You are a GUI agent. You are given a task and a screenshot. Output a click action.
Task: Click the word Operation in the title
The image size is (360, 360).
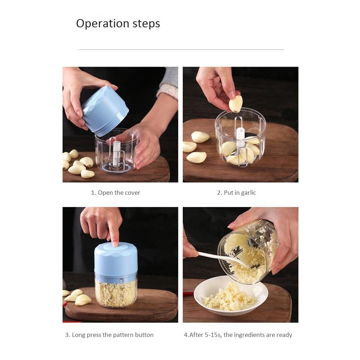tap(103, 24)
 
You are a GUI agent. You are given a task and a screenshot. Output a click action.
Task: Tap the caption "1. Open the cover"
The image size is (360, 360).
tap(116, 193)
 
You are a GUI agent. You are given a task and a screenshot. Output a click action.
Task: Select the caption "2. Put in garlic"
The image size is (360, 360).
tap(237, 193)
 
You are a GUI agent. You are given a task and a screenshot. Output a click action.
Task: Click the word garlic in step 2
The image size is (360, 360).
tap(248, 193)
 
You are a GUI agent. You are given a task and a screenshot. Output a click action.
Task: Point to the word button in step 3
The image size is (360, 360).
tap(144, 335)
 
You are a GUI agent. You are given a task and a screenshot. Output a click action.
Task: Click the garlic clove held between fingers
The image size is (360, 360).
tap(235, 104)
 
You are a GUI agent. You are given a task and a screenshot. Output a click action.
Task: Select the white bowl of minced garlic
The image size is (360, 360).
tap(231, 296)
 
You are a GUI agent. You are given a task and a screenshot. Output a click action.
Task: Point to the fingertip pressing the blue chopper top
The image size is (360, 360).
tap(115, 244)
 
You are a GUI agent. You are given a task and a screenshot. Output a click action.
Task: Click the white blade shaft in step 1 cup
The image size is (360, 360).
tap(116, 153)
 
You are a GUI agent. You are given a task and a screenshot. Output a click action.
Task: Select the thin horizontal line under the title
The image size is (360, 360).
tap(181, 49)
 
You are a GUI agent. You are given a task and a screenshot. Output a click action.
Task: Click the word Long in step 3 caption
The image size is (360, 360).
tap(78, 335)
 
